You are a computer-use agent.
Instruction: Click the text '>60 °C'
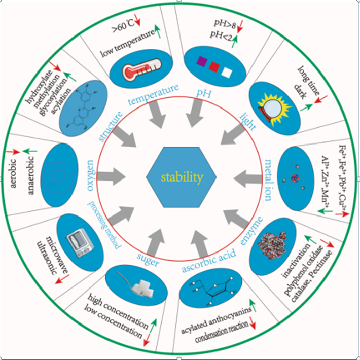(x=124, y=23)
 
